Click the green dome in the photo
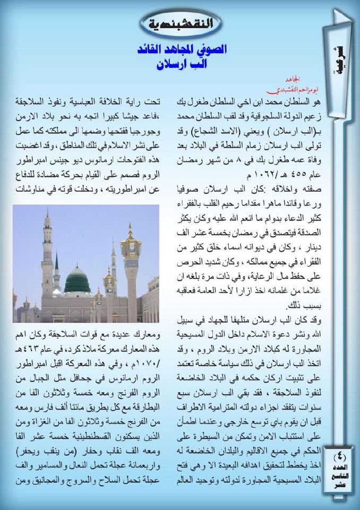click(78, 277)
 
